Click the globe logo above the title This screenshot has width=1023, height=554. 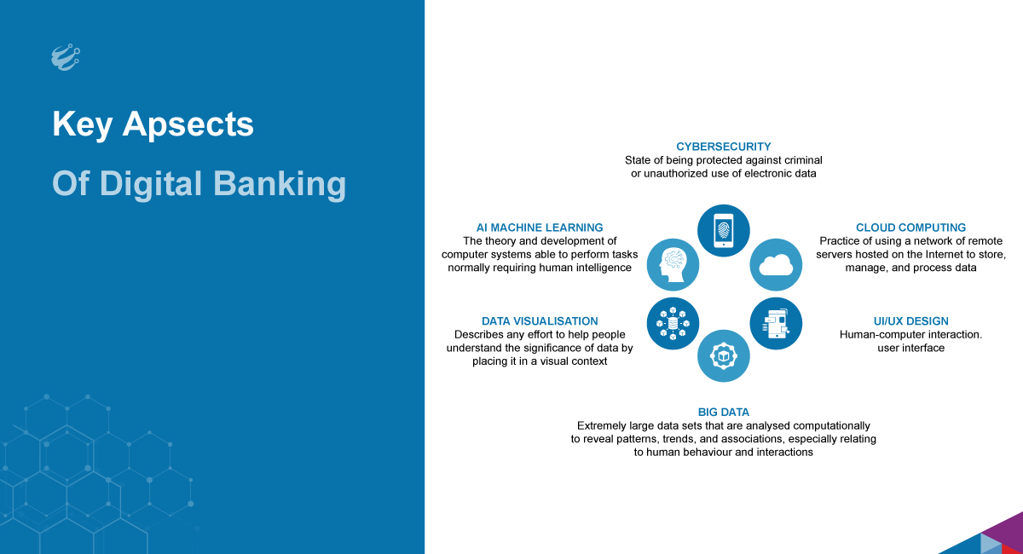pos(66,57)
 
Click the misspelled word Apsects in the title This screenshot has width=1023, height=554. pos(188,124)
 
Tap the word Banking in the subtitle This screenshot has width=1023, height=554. pos(280,184)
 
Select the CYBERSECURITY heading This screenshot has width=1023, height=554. pos(724,147)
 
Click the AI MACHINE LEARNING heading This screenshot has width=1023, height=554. pos(540,228)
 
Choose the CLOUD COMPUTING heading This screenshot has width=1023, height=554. pos(910,228)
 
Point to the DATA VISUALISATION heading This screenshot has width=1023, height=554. pos(540,321)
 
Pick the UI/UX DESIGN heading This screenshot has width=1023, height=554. pos(910,321)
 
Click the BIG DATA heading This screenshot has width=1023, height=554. pos(724,412)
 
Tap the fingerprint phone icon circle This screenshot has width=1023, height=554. pos(724,231)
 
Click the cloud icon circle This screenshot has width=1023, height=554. pos(776,265)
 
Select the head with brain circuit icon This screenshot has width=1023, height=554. pos(673,265)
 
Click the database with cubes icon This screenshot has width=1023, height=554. pos(673,324)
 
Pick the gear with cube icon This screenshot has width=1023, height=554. pos(724,355)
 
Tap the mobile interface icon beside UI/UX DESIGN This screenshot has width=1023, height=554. pos(776,324)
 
